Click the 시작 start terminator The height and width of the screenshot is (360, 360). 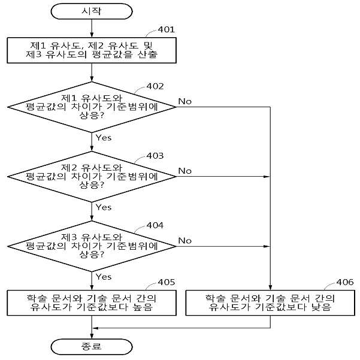(92, 11)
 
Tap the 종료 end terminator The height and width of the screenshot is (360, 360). (92, 347)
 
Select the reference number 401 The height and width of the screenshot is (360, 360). (167, 29)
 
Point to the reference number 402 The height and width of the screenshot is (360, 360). (155, 86)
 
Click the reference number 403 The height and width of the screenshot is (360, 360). (155, 156)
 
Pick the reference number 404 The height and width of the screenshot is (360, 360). (155, 225)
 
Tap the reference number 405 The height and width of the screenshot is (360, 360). (167, 282)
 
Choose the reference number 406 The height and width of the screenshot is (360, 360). (345, 282)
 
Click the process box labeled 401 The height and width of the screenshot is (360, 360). (92, 50)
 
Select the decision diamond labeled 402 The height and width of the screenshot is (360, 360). (92, 107)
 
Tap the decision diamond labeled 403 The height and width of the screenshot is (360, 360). (92, 177)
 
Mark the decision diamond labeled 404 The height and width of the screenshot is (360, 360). (92, 246)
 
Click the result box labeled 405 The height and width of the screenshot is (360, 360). (92, 303)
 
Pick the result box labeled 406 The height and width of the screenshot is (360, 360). (270, 303)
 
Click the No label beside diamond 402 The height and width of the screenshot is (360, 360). (185, 101)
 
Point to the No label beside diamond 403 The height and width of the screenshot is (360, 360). (185, 171)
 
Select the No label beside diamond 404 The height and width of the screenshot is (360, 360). (185, 241)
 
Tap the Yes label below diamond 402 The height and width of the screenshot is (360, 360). (104, 138)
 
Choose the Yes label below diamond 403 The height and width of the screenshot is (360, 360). (104, 207)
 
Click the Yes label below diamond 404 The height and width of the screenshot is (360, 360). (104, 277)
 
